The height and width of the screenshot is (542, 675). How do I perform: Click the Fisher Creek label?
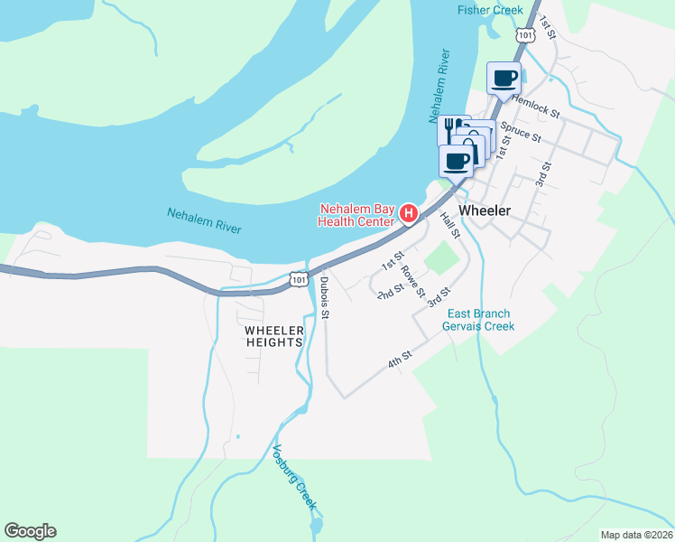(489, 10)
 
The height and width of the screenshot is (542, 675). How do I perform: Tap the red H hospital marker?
(409, 214)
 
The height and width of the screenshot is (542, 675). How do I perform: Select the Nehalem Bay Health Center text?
(356, 215)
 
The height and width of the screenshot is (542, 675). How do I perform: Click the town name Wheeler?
(485, 210)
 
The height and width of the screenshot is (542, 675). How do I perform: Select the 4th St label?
(400, 359)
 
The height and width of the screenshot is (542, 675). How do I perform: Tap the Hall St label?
(450, 225)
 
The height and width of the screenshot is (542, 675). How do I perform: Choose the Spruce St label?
(521, 132)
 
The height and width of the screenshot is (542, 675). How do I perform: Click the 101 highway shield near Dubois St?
(300, 280)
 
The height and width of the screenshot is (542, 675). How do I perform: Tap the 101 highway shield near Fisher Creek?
(526, 33)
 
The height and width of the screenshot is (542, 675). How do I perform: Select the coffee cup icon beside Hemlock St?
(504, 78)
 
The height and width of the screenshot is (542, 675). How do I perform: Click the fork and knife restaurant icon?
(450, 129)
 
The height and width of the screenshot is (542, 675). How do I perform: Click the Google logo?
(30, 531)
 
